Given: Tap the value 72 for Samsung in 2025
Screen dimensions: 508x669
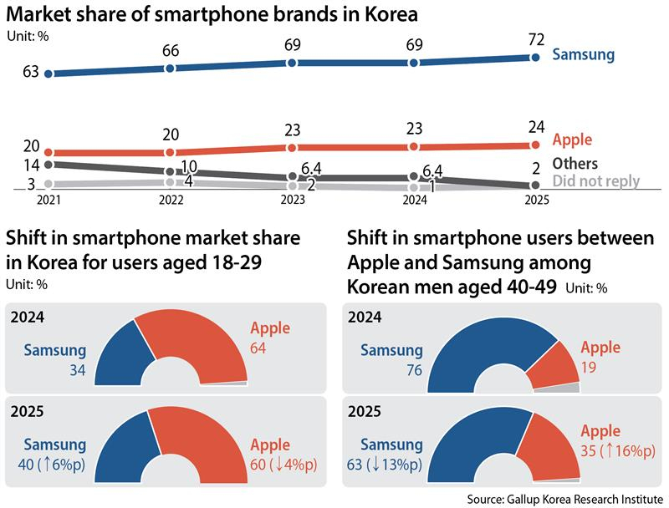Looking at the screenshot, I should click(535, 39).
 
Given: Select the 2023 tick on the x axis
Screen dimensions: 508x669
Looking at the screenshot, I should click(293, 201).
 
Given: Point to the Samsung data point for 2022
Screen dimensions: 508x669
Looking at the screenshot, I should click(170, 68).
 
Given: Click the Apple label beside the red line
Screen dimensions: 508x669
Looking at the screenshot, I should click(573, 140).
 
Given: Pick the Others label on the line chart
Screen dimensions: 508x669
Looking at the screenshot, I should click(577, 164).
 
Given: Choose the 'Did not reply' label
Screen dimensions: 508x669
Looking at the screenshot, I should click(596, 181).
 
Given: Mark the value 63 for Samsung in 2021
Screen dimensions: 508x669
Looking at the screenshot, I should click(32, 73).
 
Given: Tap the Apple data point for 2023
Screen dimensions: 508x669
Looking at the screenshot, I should click(292, 147).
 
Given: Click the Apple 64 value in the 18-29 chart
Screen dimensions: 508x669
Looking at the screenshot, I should click(258, 345).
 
